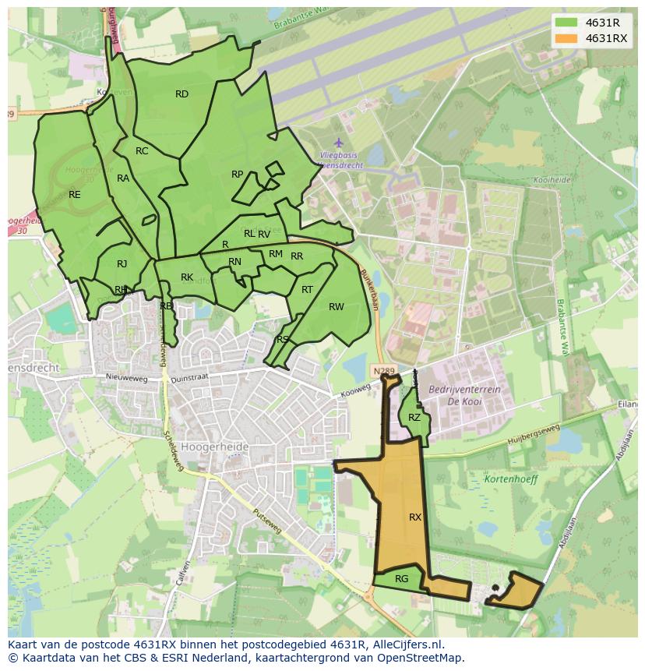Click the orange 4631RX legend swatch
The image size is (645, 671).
[567, 38]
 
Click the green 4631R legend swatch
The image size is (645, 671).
[567, 23]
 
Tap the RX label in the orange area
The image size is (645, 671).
[415, 517]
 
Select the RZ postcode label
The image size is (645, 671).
[414, 418]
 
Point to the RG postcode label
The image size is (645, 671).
[402, 578]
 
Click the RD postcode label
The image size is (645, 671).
[182, 94]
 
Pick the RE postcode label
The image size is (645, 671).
[75, 195]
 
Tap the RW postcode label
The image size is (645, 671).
[336, 307]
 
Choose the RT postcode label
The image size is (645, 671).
[307, 290]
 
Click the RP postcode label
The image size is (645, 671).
[238, 175]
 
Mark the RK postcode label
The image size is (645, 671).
[187, 277]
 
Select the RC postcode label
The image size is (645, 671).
[142, 151]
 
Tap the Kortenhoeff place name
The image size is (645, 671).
[511, 479]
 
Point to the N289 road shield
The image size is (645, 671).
[382, 371]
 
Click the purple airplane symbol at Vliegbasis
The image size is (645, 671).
[338, 143]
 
